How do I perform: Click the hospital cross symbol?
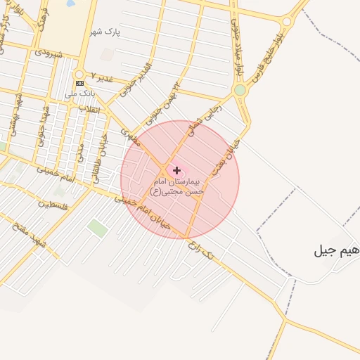(x=176, y=170)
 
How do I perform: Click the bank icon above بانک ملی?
(x=79, y=83)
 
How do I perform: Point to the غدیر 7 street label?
(x=102, y=76)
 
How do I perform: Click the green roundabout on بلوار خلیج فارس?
(x=240, y=90)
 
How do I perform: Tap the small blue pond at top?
(x=70, y=4)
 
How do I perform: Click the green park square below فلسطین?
(x=98, y=228)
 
